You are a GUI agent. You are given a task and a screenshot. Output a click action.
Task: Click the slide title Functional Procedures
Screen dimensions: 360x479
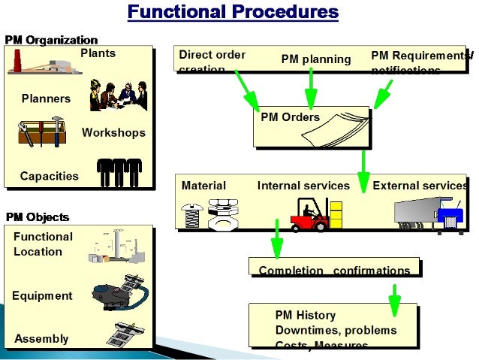coord(232,12)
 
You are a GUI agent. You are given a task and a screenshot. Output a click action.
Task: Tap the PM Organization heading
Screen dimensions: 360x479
coord(51,39)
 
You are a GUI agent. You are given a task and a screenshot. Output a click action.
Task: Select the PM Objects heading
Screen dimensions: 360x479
coord(38,217)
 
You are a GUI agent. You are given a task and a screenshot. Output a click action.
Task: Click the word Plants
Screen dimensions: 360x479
coord(98,53)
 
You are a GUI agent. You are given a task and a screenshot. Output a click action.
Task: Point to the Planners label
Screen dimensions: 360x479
coord(46,98)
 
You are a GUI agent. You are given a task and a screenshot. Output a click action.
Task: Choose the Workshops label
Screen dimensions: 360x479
coord(113,133)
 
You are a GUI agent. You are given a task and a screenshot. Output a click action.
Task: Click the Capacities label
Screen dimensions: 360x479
coord(49,176)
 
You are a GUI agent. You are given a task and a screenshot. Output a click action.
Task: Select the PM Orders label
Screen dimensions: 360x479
coord(290,117)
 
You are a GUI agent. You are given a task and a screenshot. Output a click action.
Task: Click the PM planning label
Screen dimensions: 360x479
coord(316,59)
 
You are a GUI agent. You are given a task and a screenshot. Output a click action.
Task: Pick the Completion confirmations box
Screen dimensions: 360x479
coord(334,270)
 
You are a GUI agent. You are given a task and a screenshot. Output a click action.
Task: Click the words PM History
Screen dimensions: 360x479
coord(306,316)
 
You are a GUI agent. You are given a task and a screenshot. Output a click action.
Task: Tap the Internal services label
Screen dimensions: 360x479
coord(303,186)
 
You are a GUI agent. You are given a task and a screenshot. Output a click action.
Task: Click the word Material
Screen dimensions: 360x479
coord(203,186)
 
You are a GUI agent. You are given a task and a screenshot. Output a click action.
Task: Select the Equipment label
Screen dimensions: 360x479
coord(42,295)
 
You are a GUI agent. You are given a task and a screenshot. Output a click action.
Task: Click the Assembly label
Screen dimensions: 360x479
coord(41,339)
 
